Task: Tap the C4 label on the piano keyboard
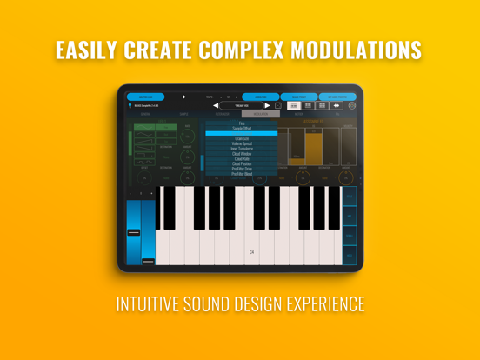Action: (252, 252)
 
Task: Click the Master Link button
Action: (145, 97)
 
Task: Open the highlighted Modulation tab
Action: (261, 114)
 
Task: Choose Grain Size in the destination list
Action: (242, 138)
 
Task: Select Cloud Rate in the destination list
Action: (242, 159)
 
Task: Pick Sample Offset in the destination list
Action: (242, 128)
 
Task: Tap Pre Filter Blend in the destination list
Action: (242, 174)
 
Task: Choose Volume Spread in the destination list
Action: (242, 143)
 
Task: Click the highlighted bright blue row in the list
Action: (242, 133)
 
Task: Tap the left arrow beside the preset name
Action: (216, 106)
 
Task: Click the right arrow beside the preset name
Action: (267, 106)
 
